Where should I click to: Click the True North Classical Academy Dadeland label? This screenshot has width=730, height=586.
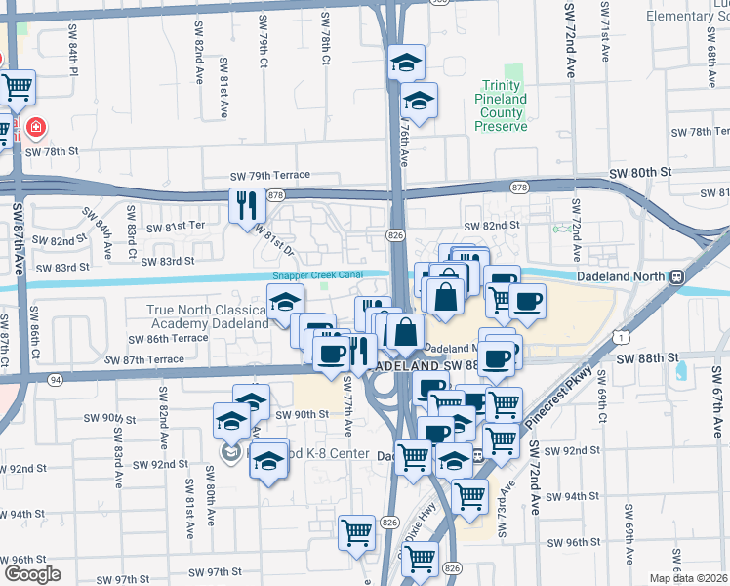pyautogui.click(x=207, y=316)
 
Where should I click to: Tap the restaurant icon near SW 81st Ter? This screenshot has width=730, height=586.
pyautogui.click(x=244, y=206)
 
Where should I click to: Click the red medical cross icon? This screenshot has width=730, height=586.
pyautogui.click(x=36, y=127)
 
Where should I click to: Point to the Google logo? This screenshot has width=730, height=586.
pyautogui.click(x=32, y=574)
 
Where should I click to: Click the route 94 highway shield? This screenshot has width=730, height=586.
pyautogui.click(x=55, y=379)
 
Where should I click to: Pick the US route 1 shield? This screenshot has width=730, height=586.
pyautogui.click(x=621, y=337)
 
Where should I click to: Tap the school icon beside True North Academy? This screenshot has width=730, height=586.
pyautogui.click(x=284, y=303)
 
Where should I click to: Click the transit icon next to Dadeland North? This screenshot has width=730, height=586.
pyautogui.click(x=675, y=277)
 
